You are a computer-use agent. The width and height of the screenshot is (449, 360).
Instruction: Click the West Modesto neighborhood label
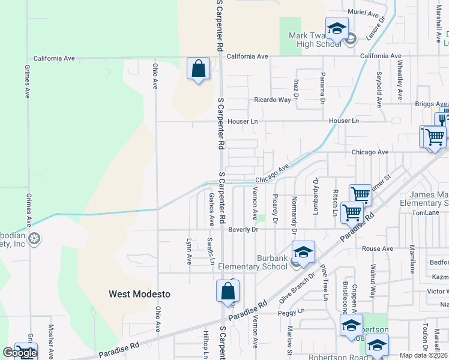(x=139, y=294)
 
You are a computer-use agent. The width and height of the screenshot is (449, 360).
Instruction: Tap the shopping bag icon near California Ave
(x=198, y=70)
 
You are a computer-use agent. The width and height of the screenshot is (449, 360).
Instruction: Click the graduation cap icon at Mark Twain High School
(x=337, y=29)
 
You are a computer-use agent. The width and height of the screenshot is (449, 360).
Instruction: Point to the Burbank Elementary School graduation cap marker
(x=303, y=252)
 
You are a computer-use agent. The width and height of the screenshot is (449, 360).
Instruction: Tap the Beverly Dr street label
(x=243, y=230)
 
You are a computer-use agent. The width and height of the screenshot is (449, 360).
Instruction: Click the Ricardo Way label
(x=272, y=100)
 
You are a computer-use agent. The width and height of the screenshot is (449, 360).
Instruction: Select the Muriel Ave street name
(x=364, y=13)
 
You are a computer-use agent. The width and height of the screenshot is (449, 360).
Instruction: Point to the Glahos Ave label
(x=211, y=209)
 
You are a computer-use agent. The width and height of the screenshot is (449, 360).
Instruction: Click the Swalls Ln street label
(x=210, y=250)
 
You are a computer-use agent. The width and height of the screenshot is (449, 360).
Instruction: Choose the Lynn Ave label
(x=188, y=251)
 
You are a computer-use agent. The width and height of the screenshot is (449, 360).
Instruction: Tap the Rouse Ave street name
(x=378, y=248)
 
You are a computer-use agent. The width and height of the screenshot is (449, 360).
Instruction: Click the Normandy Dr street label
(x=295, y=214)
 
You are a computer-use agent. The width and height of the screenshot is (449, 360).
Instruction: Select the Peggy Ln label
(x=291, y=313)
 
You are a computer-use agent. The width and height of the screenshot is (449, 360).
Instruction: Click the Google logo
(x=20, y=353)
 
